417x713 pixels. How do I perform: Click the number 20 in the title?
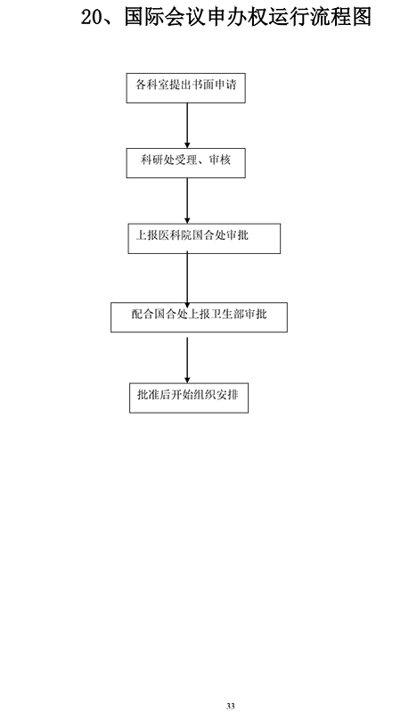(93, 17)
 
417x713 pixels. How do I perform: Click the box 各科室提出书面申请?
(186, 87)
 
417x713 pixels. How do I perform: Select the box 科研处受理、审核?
(186, 163)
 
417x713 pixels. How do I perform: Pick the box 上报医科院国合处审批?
(204, 238)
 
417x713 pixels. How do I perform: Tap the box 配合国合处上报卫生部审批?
(200, 317)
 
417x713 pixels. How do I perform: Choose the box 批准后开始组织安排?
(189, 397)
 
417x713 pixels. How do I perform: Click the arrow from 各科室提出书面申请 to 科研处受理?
(187, 126)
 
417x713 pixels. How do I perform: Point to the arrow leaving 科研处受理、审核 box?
(187, 201)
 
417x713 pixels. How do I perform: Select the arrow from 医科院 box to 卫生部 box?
(187, 278)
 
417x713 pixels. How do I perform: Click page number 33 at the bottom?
(231, 706)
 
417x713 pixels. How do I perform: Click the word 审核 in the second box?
(220, 160)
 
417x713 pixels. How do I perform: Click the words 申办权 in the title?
(237, 17)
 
